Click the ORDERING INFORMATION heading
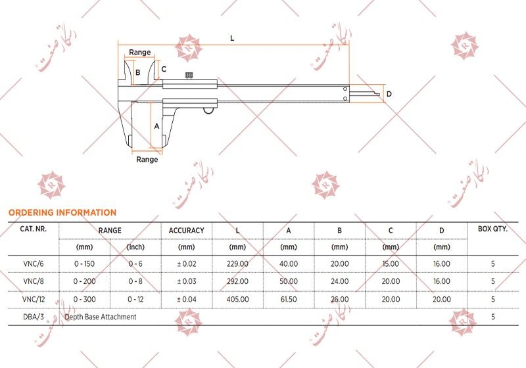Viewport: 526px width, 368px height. [62, 212]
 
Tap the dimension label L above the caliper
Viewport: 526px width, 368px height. [232, 38]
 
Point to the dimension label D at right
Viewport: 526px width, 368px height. [389, 95]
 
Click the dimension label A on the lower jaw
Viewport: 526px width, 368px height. [156, 125]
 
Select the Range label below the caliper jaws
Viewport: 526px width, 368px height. [147, 159]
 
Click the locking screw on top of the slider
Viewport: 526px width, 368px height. [189, 77]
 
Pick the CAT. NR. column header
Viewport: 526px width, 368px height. [33, 230]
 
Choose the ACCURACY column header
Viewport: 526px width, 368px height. [186, 231]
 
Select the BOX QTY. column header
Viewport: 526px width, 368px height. [492, 230]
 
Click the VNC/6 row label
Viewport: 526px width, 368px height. [33, 264]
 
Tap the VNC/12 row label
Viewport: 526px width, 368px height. [33, 299]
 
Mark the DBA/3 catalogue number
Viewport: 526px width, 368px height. [33, 317]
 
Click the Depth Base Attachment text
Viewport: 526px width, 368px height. [101, 317]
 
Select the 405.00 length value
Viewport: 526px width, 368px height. [237, 299]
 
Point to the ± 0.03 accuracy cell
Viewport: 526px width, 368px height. [186, 281]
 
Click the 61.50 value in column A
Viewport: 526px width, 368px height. [288, 299]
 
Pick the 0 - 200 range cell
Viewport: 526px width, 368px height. [84, 281]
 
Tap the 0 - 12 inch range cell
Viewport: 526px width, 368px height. [135, 299]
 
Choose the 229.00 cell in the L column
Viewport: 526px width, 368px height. [237, 264]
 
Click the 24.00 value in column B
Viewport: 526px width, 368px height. [339, 281]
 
